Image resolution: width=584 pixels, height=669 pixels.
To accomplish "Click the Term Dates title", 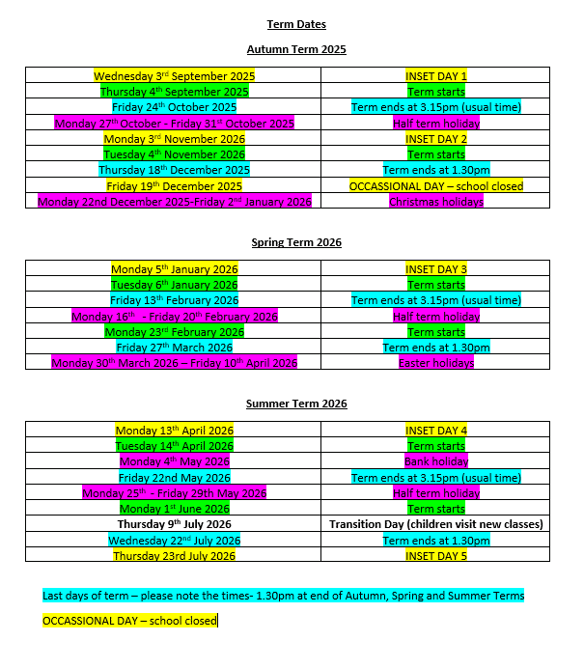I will [295, 24].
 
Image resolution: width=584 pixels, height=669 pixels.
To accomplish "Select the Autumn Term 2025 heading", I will [295, 49].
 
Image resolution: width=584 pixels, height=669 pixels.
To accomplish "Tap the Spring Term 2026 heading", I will [295, 242].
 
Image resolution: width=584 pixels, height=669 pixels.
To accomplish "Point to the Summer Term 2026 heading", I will [295, 404].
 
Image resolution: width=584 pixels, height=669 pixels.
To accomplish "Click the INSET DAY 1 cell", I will [436, 75].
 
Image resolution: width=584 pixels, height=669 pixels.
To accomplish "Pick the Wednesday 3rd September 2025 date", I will [174, 75].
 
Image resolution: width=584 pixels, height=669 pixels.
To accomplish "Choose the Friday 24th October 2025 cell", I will [174, 107].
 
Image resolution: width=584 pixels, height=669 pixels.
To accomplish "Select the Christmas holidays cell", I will [436, 201].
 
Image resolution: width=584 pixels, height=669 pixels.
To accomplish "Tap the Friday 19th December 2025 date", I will [174, 185].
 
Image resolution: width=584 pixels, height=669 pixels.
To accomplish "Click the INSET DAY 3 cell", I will [436, 269].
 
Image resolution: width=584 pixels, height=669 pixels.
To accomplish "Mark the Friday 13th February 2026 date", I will [174, 300].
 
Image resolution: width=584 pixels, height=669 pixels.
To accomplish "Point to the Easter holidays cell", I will [436, 363].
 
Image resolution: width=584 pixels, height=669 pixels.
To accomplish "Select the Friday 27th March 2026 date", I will [174, 348].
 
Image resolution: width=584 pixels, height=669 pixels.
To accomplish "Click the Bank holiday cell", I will [436, 461].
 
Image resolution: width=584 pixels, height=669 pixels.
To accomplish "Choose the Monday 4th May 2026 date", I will [174, 461].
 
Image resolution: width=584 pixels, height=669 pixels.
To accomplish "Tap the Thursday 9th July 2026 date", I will [174, 524].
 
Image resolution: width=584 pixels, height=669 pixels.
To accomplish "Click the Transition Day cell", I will [436, 524].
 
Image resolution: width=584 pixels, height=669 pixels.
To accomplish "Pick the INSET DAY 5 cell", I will [436, 555].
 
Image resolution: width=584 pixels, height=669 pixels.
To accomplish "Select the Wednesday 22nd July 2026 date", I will [174, 540].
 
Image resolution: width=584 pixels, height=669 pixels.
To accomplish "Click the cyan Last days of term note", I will [283, 596].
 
